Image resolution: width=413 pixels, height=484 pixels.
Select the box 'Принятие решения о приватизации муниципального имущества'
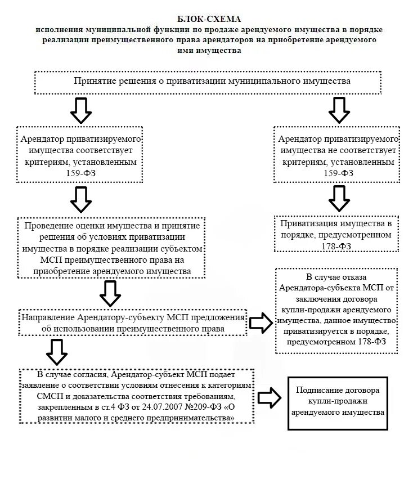coord(212,82)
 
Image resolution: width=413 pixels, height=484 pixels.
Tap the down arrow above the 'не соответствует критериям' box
coord(339,110)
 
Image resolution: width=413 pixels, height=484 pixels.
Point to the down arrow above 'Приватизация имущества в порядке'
coord(339,198)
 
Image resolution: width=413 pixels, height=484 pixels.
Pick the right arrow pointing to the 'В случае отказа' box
coord(260,323)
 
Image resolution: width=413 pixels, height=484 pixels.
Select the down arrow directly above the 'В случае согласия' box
coord(56,352)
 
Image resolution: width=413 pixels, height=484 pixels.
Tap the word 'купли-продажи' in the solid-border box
coord(337,401)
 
